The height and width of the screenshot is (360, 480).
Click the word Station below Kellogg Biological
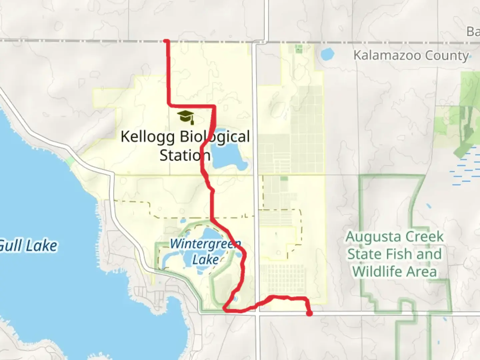185,155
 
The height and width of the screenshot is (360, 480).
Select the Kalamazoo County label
411,55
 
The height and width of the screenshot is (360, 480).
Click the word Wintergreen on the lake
205,244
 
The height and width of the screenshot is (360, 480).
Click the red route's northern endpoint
166,41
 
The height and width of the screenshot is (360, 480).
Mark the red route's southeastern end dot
310,313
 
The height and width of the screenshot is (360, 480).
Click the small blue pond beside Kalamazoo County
327,54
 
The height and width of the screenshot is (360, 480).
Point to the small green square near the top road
298,49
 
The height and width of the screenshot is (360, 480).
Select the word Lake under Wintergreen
205,260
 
